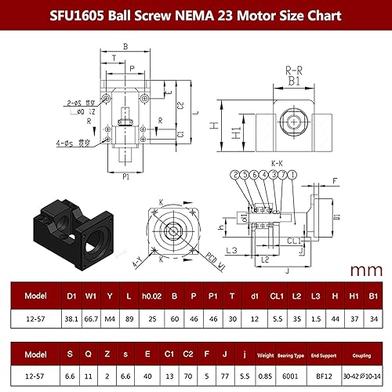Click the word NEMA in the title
pos(187,15)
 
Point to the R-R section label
pos(293,69)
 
